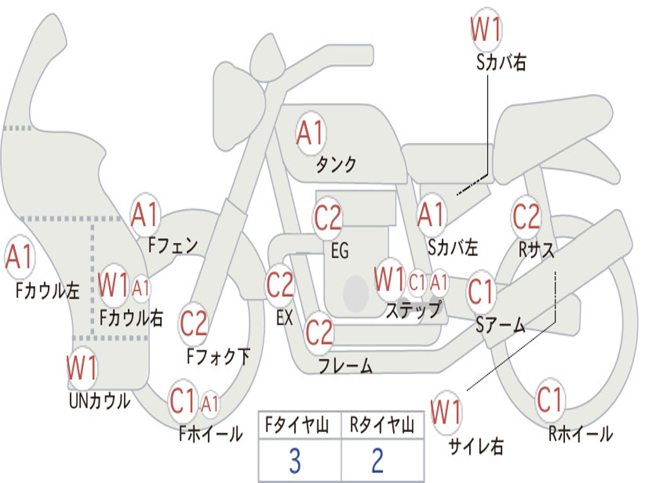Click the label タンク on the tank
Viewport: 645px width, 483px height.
click(336, 164)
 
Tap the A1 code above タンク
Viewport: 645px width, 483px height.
click(311, 133)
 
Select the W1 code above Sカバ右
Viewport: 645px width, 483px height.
click(486, 29)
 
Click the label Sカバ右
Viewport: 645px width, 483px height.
click(501, 62)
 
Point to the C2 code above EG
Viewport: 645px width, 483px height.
click(328, 217)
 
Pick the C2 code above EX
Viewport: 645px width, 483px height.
click(280, 285)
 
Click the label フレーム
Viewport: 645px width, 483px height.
click(346, 365)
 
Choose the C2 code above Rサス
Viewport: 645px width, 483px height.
click(526, 216)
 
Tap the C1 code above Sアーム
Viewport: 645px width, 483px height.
click(480, 292)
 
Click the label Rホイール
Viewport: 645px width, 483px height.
click(580, 434)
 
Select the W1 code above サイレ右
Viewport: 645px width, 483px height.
click(447, 412)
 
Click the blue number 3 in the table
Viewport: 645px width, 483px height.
click(295, 461)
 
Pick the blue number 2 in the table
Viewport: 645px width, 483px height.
click(378, 461)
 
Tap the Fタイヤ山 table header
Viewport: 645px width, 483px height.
click(297, 425)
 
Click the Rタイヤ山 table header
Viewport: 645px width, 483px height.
click(382, 425)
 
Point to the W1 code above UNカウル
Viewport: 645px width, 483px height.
click(82, 367)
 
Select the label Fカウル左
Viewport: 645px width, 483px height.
click(47, 290)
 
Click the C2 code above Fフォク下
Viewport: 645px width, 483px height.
click(193, 323)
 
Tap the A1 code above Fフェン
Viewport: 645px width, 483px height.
click(145, 214)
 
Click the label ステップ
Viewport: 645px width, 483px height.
click(413, 309)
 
